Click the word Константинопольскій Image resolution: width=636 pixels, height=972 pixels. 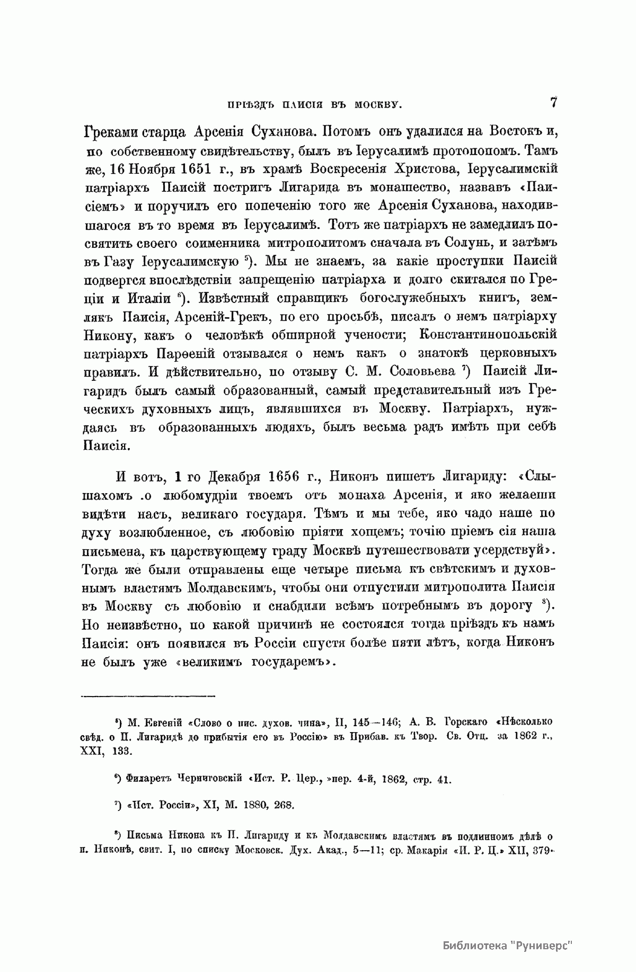(x=488, y=334)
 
